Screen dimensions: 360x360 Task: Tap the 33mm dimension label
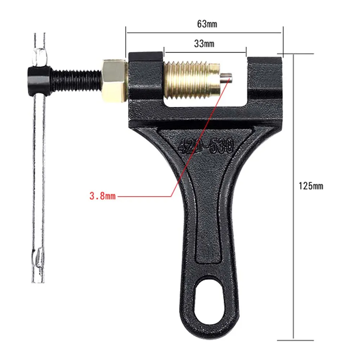204,44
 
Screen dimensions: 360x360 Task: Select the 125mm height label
311,186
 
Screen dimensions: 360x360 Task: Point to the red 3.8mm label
103,197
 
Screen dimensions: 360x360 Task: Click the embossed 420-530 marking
206,146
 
